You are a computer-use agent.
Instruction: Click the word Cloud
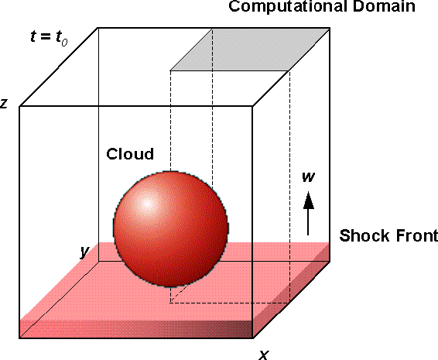coord(130,154)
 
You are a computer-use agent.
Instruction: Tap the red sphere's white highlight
coord(147,203)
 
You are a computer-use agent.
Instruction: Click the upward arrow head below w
coord(309,200)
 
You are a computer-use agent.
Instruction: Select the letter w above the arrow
coord(309,177)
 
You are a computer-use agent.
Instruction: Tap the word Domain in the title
coord(384,6)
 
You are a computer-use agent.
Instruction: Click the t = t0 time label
coord(49,38)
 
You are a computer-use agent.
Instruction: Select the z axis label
coord(3,103)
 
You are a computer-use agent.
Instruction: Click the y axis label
coord(84,252)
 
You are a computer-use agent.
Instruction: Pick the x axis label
coord(264,355)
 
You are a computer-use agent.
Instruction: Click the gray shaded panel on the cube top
coord(250,50)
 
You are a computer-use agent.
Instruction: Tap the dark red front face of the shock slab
coord(136,329)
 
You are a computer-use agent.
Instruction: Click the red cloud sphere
coord(171,229)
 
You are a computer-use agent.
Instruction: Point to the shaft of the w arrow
coord(308,222)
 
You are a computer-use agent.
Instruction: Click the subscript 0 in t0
coord(64,43)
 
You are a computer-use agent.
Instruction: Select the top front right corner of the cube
coord(253,106)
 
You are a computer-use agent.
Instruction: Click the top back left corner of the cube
coord(98,28)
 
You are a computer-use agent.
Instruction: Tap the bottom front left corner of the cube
coord(19,338)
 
